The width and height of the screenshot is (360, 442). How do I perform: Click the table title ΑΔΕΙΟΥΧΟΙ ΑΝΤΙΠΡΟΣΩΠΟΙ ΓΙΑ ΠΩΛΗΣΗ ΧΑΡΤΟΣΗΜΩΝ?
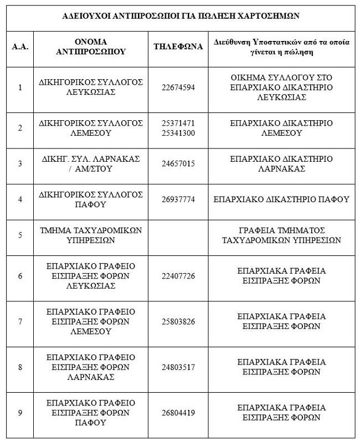pos(181,16)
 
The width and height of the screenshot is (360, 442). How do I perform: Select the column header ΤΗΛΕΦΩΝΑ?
pos(178,47)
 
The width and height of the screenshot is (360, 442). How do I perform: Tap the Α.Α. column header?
pos(20,47)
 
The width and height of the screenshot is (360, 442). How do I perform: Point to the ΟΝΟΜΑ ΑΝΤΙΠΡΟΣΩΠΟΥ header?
pos(91,47)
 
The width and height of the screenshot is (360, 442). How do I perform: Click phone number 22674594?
pos(178,88)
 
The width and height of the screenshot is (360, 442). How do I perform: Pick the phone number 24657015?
pos(178,164)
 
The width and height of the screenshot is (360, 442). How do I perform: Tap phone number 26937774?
pos(178,199)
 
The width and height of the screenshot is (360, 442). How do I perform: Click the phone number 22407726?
pos(178,276)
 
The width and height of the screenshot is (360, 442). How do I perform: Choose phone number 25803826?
pos(178,322)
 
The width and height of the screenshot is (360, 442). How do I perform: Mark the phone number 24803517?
pos(178,367)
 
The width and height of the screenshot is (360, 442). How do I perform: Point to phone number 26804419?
pos(178,413)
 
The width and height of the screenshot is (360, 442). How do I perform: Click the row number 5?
pos(20,235)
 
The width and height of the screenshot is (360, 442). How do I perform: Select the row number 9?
pos(20,413)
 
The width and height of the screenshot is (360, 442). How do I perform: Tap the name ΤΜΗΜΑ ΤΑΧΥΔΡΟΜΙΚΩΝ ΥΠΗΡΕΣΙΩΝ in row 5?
pos(91,235)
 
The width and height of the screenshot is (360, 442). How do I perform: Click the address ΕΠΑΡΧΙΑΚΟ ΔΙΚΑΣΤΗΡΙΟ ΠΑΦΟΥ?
pos(281,199)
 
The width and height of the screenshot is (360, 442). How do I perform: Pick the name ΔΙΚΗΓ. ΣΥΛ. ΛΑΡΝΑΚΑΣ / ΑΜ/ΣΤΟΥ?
pos(91,164)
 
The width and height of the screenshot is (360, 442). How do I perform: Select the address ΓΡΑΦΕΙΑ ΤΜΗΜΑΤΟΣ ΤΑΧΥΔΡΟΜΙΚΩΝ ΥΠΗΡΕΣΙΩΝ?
pos(281,235)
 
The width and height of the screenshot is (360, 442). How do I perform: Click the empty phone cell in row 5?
pos(178,235)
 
